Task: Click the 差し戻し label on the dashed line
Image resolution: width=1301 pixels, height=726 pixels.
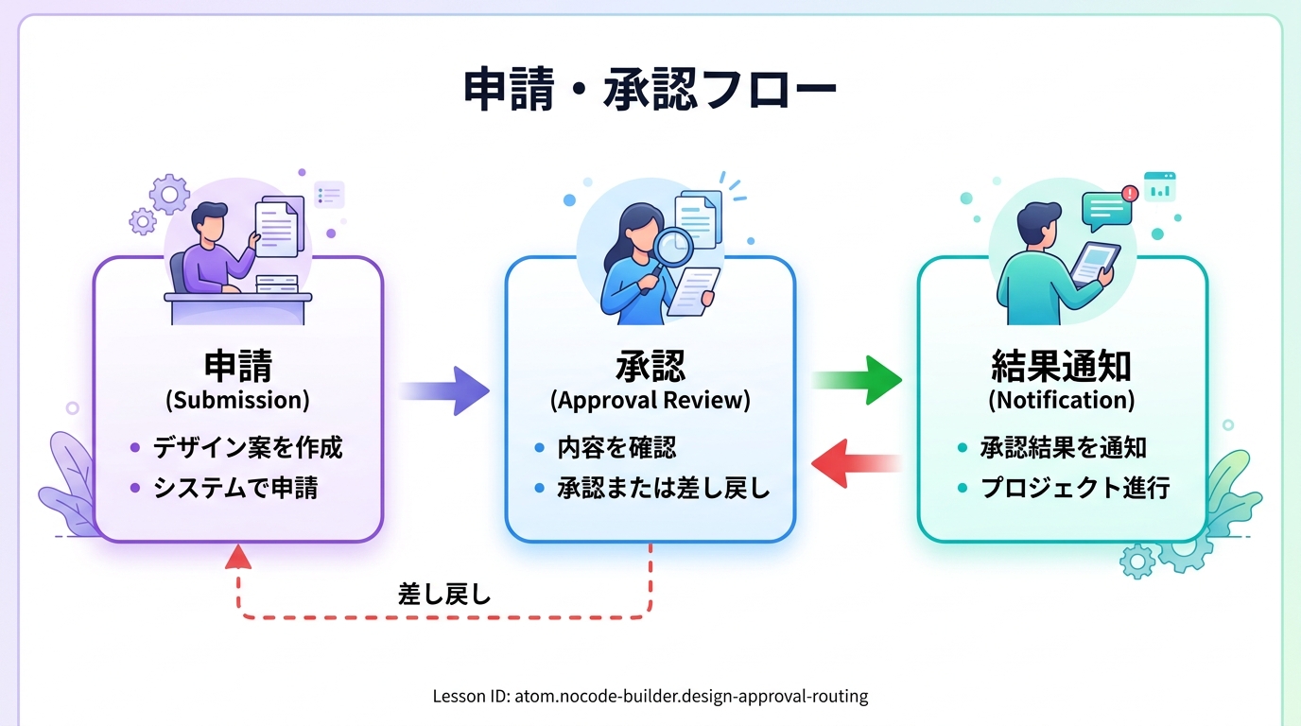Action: [444, 595]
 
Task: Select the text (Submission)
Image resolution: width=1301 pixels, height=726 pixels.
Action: [237, 400]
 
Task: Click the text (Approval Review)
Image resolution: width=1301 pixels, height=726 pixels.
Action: [650, 400]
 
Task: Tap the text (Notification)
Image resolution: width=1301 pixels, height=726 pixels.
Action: [1061, 400]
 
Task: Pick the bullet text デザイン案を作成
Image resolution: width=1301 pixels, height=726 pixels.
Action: [248, 447]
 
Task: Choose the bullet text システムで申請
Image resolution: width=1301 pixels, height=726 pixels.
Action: [235, 488]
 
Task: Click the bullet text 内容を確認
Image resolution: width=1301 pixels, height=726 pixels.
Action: [616, 447]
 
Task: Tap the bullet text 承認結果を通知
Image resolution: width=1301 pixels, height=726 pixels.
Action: [1064, 447]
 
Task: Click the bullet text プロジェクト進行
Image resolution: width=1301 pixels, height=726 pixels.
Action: [1075, 488]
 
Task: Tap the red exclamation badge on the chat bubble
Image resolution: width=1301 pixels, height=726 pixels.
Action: [1129, 194]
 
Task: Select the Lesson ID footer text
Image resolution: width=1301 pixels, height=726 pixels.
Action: [650, 697]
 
